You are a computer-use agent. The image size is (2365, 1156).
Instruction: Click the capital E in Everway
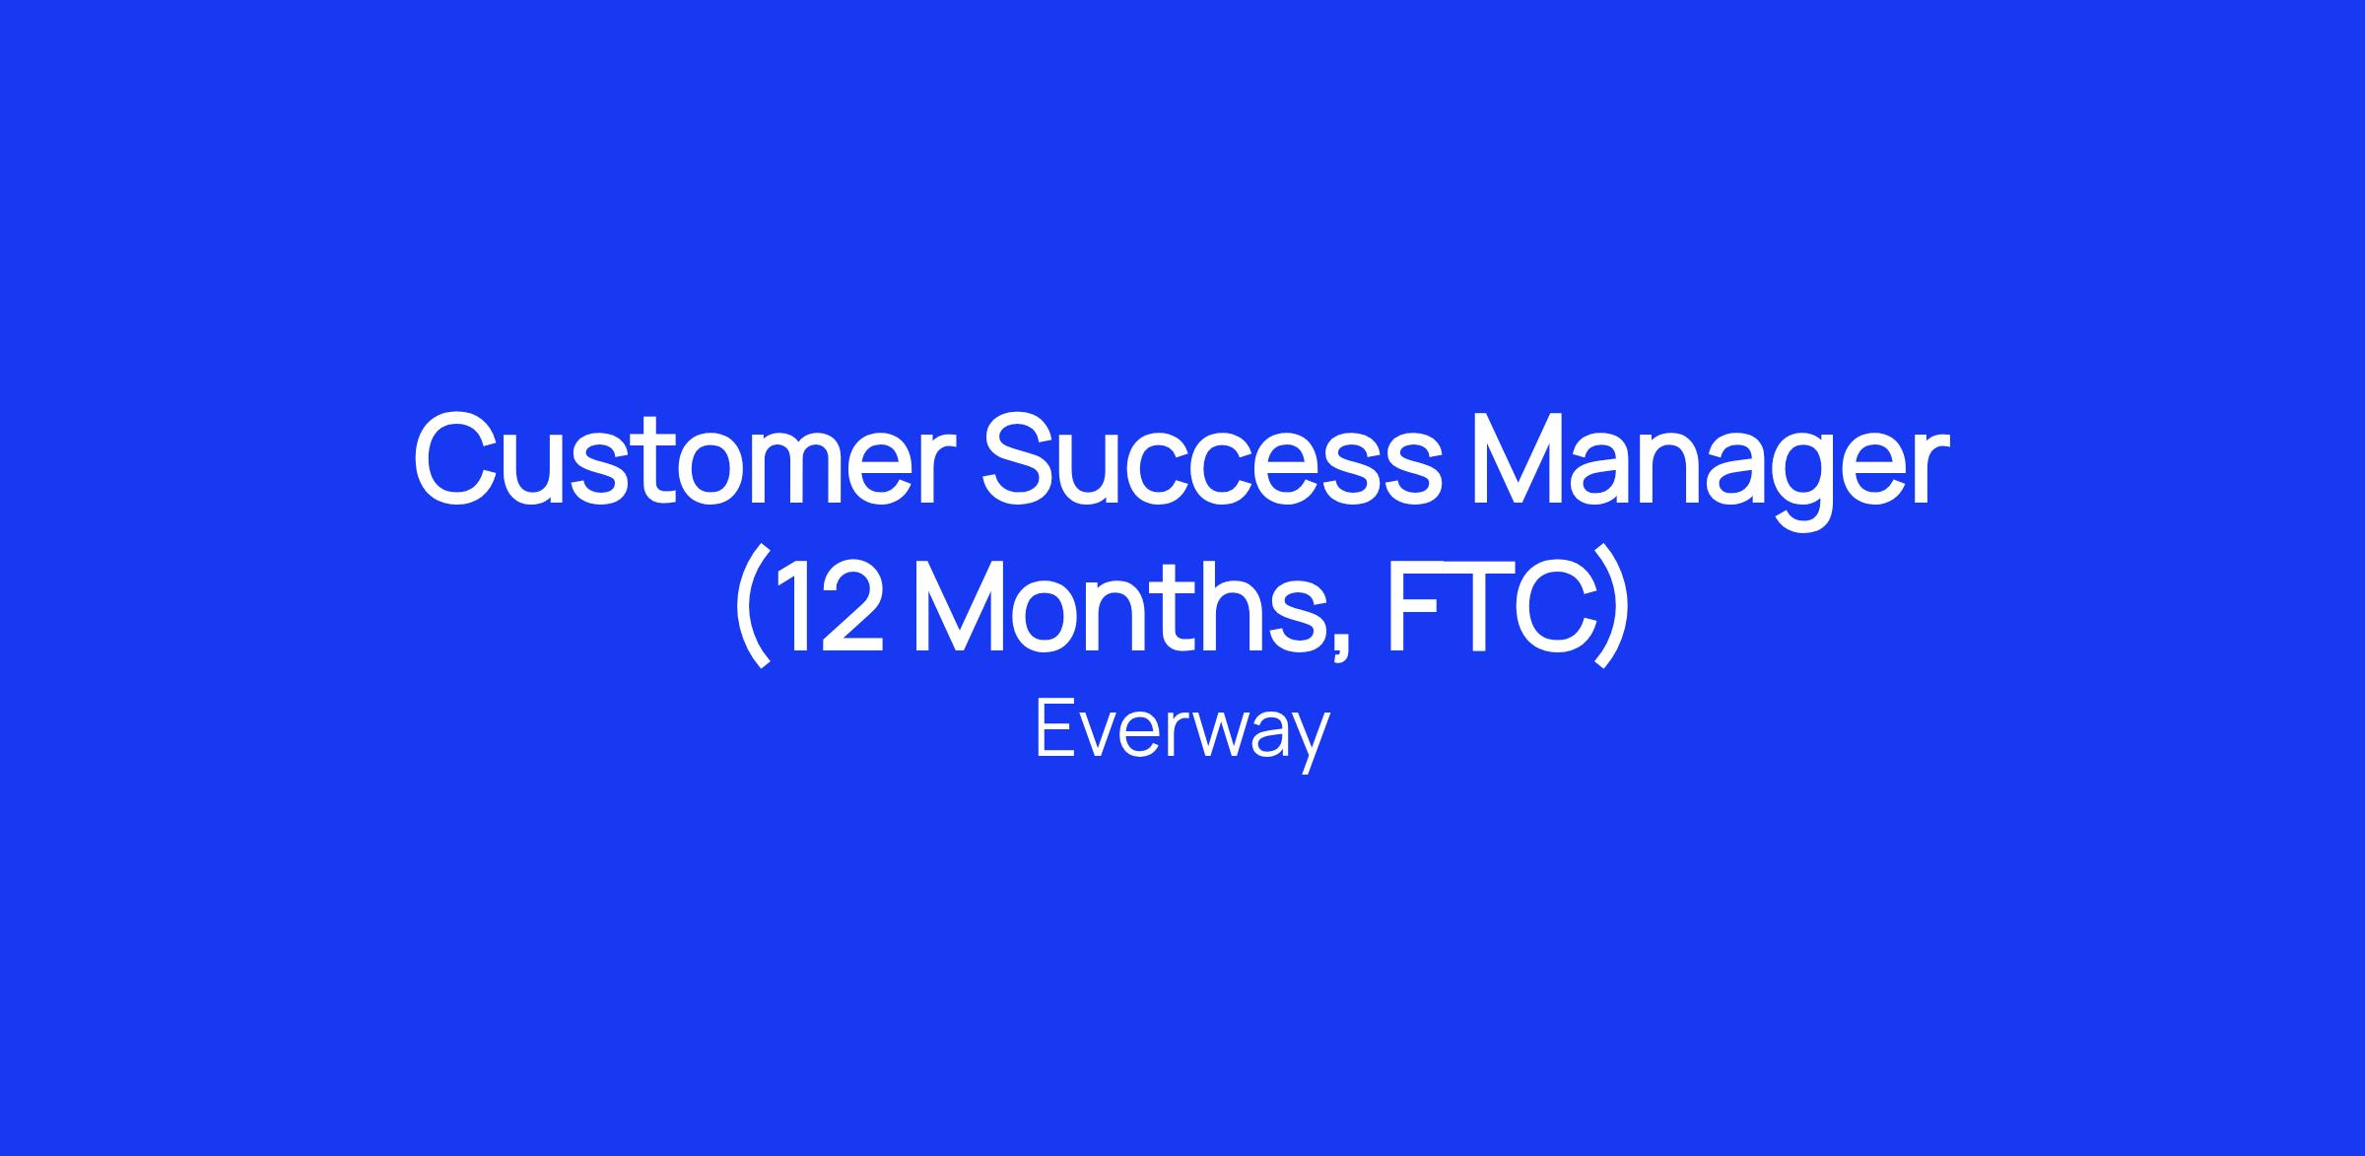(x=1055, y=729)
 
